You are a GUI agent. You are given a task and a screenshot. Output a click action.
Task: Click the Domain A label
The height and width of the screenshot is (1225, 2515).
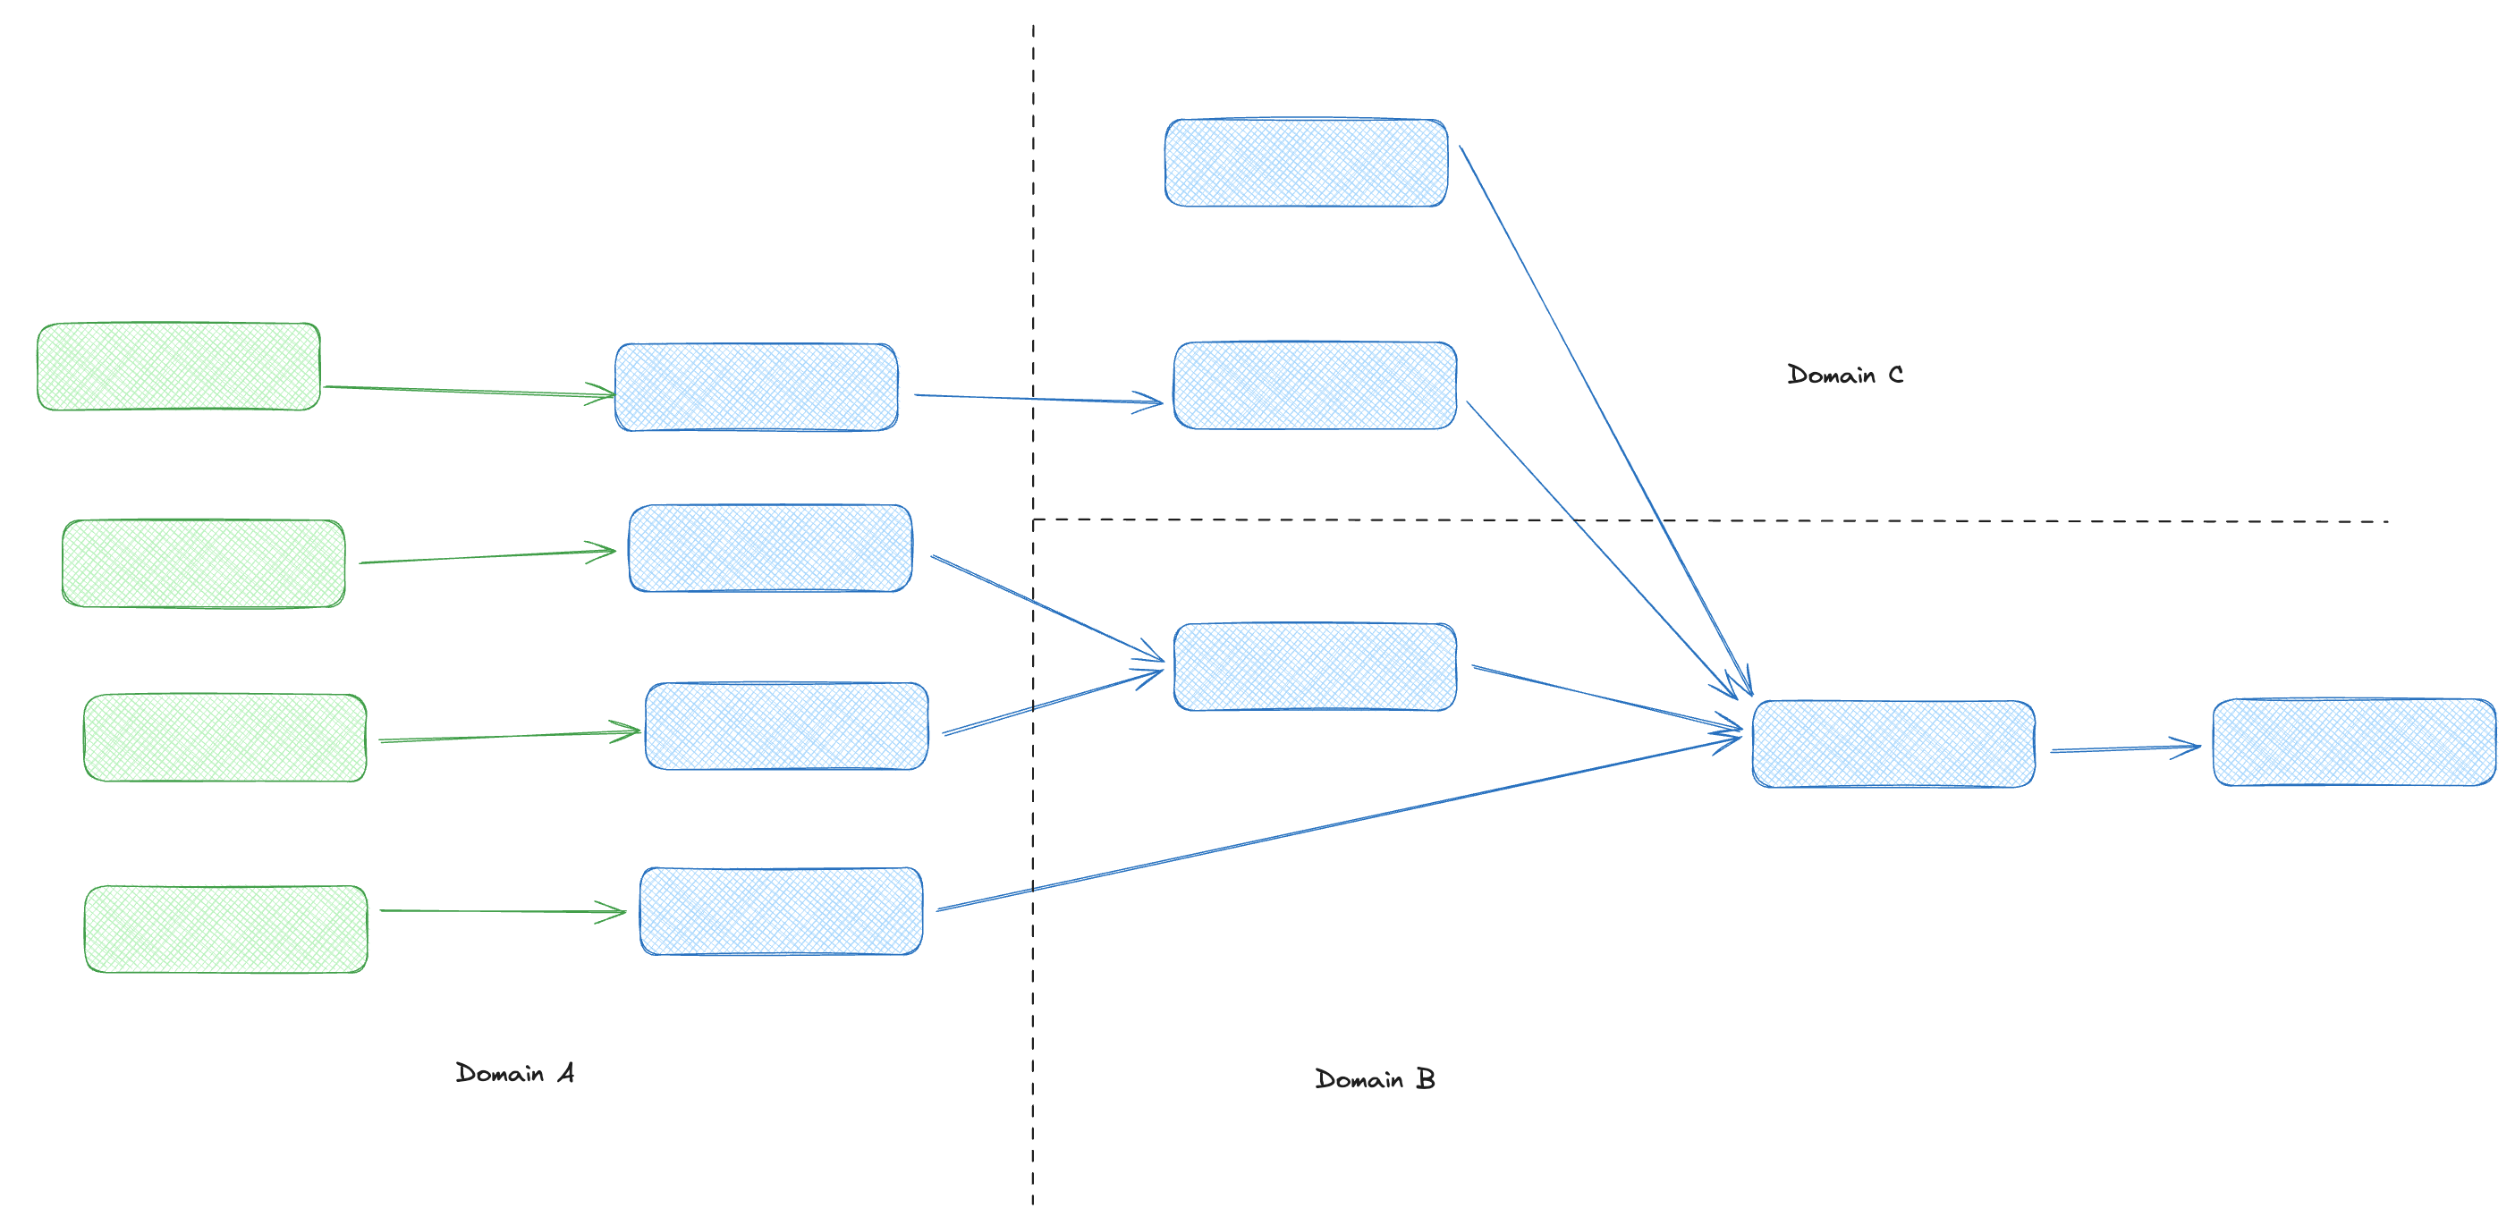514,1073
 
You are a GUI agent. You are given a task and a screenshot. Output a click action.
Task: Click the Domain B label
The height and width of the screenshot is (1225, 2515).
1375,1078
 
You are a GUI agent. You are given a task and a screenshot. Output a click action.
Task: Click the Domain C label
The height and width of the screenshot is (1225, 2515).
1844,375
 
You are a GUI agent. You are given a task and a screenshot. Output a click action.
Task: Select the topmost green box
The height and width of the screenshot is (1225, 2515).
179,366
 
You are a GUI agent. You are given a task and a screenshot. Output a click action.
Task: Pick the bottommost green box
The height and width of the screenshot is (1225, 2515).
225,928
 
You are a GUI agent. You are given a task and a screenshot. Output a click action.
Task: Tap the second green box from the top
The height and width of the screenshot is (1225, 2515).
203,563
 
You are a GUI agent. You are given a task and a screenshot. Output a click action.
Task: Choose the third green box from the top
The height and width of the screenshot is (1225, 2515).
224,737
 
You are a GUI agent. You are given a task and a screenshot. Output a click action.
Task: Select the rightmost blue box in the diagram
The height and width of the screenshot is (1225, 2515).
2354,742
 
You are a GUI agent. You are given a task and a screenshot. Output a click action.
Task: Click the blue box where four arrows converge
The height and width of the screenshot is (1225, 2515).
1893,743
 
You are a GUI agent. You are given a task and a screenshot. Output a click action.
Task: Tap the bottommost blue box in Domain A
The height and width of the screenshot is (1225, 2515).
781,910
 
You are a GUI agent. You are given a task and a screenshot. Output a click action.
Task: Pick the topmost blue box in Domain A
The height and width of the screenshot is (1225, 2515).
757,386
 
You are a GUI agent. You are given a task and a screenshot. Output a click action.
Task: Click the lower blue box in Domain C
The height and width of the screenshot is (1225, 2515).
1314,384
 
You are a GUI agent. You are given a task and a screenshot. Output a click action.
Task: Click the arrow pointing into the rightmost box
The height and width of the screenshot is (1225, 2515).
2123,748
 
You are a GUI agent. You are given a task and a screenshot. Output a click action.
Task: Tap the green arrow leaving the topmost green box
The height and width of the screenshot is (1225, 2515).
469,392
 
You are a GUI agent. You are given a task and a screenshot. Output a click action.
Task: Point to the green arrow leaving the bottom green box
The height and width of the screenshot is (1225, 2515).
502,910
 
